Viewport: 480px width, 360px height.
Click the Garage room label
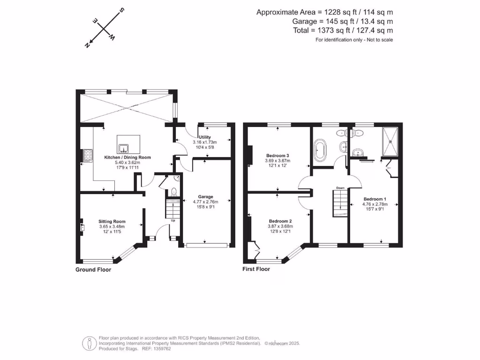coord(205,196)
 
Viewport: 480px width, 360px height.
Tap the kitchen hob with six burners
coord(87,155)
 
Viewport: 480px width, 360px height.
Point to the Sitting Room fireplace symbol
coord(82,227)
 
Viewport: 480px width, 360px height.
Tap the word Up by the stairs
coord(173,220)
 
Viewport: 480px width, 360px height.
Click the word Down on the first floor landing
coord(340,187)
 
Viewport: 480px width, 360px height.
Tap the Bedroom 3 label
coord(277,155)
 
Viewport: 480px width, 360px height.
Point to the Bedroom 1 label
coord(374,198)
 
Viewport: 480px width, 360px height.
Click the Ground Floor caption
coord(93,270)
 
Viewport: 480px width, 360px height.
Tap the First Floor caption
coord(256,269)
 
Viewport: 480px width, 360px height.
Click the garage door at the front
coord(207,245)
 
